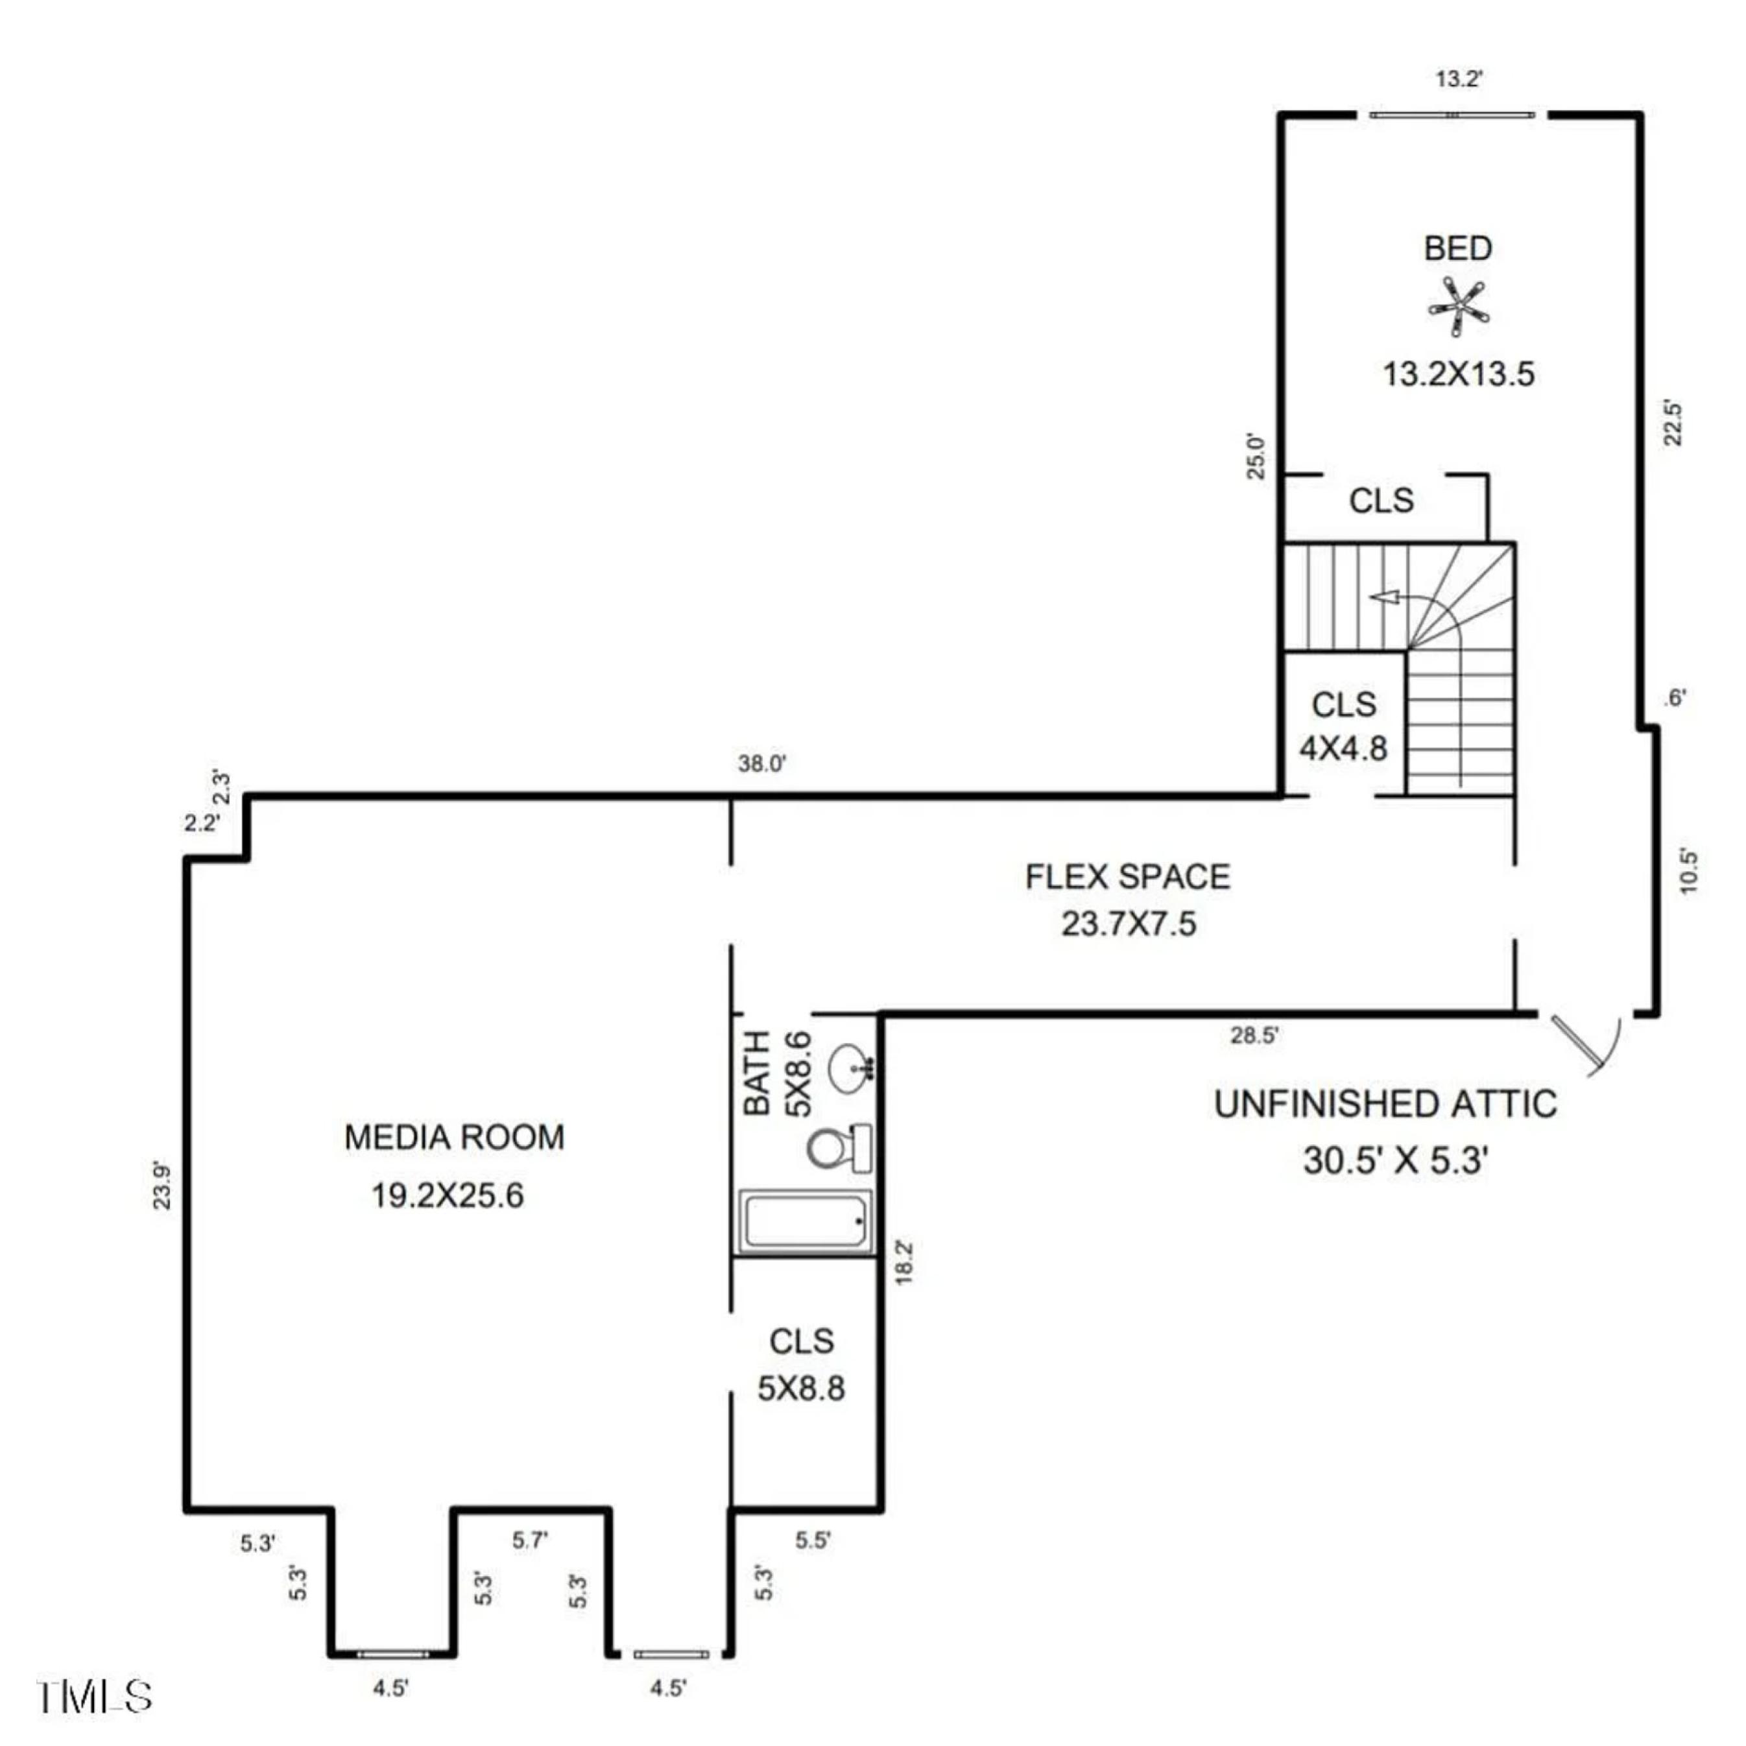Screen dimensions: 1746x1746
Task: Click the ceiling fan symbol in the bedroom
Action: [1458, 308]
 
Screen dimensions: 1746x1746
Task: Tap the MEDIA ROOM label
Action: [455, 1137]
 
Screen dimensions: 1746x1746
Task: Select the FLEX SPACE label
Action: [1128, 877]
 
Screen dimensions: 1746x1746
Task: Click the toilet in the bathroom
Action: [839, 1149]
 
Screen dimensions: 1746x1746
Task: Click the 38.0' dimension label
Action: [762, 763]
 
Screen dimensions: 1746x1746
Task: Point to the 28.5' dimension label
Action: [1254, 1036]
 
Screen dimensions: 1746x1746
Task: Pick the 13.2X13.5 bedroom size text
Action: [1459, 373]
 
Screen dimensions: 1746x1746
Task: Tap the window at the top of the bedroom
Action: [1452, 115]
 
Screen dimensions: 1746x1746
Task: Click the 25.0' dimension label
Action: [1257, 457]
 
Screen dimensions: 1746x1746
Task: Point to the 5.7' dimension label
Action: [530, 1540]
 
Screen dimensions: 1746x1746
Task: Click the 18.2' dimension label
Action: [903, 1262]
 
